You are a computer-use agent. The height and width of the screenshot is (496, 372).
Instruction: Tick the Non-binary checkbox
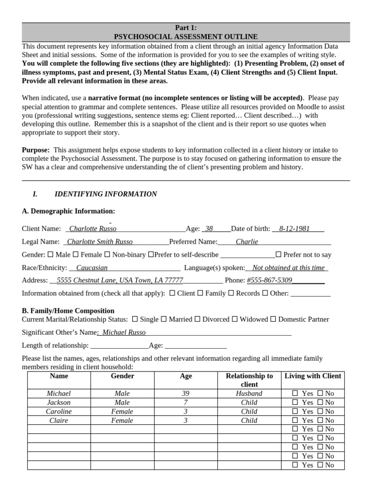(x=107, y=254)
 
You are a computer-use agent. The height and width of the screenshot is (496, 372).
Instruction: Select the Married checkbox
(x=164, y=319)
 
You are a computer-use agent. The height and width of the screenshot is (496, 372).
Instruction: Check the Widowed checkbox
(x=234, y=319)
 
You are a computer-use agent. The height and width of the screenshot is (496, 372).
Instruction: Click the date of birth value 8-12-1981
(x=294, y=229)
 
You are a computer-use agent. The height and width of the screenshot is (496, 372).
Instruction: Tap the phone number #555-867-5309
(x=269, y=280)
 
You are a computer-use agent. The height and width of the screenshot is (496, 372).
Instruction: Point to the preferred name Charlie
(x=247, y=242)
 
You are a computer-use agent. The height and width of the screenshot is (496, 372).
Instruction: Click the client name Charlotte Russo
(x=93, y=229)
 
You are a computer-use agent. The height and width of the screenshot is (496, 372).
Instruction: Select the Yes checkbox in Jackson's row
(x=295, y=403)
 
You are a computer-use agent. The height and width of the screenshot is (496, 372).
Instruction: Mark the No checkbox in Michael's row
(x=320, y=394)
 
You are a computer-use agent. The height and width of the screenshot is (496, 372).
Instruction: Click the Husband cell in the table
(x=249, y=394)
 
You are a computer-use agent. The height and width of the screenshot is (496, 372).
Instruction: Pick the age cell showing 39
(x=186, y=394)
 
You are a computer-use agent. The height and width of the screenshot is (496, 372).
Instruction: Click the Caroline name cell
(x=59, y=411)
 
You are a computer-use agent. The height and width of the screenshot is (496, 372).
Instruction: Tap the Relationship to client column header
(x=249, y=380)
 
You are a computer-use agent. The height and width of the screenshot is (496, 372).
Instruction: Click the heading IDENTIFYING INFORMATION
(x=106, y=194)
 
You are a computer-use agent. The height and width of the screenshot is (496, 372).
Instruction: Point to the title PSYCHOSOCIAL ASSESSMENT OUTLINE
(x=186, y=36)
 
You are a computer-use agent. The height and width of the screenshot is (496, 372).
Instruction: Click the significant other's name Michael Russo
(x=124, y=332)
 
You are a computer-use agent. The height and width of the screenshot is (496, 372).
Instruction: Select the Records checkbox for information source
(x=231, y=293)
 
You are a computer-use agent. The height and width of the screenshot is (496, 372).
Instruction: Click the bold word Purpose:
(x=36, y=150)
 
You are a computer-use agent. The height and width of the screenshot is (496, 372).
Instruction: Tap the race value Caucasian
(x=92, y=267)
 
